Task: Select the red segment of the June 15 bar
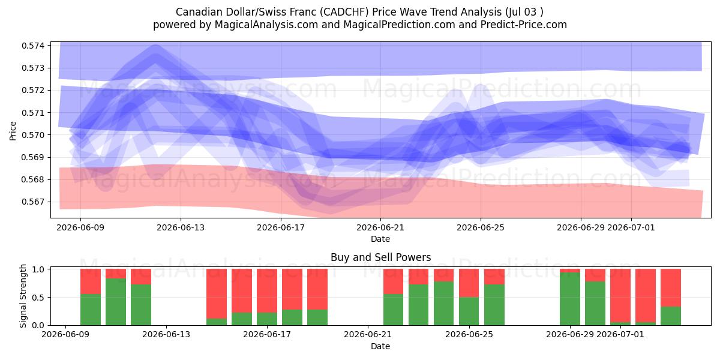point(217,294)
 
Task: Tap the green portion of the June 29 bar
point(570,299)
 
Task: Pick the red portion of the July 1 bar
point(620,296)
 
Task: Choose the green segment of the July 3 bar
point(671,316)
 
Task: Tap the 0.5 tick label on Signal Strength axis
point(38,298)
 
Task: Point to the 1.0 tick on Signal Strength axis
point(38,269)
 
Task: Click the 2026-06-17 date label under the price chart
point(281,227)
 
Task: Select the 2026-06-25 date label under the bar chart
point(469,335)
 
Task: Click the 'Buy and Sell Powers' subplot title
point(380,257)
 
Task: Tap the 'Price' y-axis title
point(13,131)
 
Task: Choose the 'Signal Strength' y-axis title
point(23,296)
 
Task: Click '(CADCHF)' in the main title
point(346,12)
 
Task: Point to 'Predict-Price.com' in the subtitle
point(524,25)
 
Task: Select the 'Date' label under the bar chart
point(380,347)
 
